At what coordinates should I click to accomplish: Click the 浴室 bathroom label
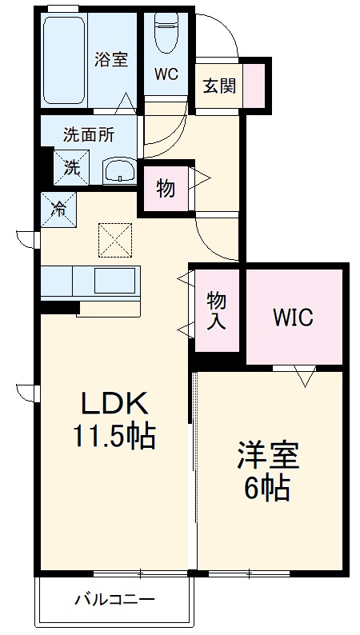[110, 59]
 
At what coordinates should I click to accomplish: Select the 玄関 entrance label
[218, 86]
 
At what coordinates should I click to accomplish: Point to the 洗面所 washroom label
[89, 135]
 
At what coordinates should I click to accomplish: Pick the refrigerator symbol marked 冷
[58, 209]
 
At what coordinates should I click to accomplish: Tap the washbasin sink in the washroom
[121, 170]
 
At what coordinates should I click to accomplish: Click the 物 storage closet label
[166, 190]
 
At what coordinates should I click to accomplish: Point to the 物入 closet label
[215, 310]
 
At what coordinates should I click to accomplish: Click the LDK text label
[113, 402]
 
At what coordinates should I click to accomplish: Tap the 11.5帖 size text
[114, 437]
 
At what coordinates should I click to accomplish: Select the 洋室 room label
[266, 456]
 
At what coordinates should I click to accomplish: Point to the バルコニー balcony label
[114, 598]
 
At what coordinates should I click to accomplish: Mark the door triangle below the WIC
[303, 374]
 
